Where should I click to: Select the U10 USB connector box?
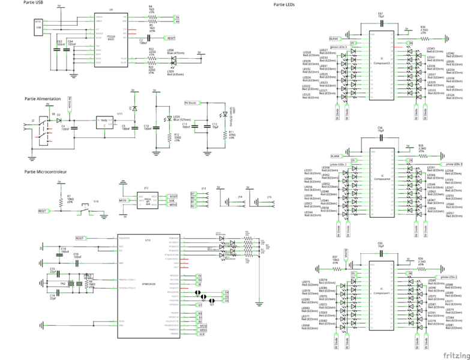[39, 28]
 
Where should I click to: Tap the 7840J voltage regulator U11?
[103, 121]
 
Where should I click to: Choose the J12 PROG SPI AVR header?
[147, 200]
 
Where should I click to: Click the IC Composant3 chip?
[381, 64]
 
